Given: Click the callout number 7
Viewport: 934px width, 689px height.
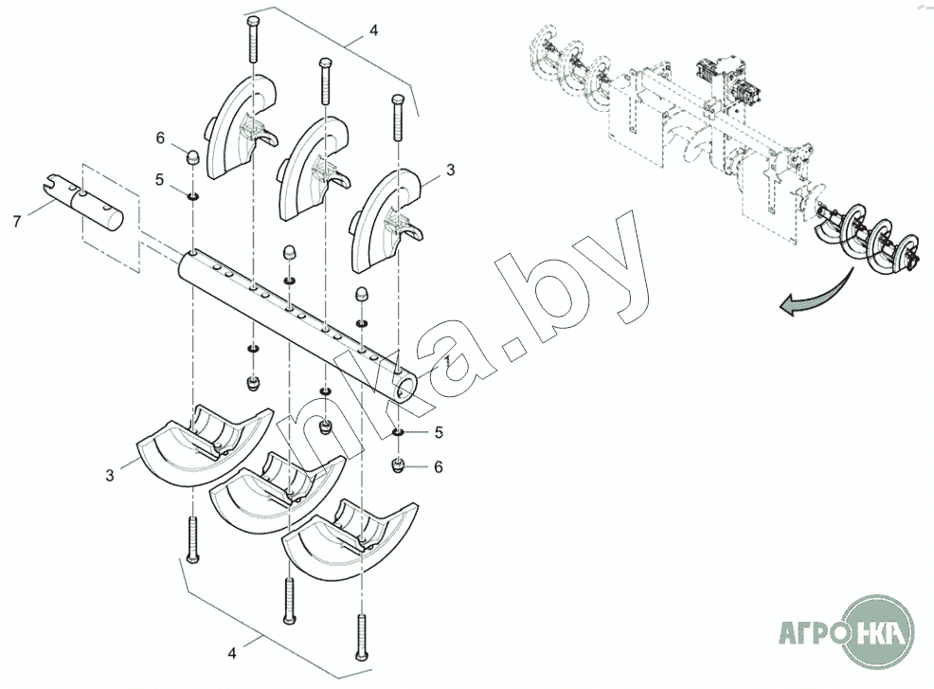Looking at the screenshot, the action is click(x=17, y=222).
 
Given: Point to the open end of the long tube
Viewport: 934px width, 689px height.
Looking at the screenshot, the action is click(x=408, y=389).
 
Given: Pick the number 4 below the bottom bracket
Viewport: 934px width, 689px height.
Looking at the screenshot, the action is click(x=232, y=653).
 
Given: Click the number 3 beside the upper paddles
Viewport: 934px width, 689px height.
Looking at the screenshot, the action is click(x=450, y=170).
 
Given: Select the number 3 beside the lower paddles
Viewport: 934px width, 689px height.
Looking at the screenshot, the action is click(x=110, y=476).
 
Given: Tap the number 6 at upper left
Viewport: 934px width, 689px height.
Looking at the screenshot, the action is click(x=160, y=138).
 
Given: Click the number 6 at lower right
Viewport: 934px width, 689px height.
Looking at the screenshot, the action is click(x=438, y=466).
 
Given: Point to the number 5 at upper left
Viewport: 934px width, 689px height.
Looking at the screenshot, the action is click(x=158, y=179).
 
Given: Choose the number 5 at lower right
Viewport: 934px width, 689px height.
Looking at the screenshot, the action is click(x=439, y=432).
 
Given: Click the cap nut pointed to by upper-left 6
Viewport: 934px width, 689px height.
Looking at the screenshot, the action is click(x=193, y=158).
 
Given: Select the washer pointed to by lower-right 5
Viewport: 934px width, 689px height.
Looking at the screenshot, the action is click(x=399, y=431).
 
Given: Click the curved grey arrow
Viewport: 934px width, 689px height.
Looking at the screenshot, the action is click(x=815, y=295).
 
